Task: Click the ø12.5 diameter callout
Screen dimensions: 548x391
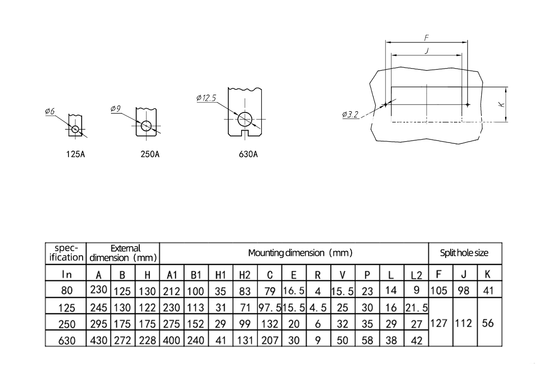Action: (x=206, y=98)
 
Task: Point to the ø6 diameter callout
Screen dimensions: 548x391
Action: (x=50, y=111)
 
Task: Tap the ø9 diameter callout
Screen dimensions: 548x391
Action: (x=116, y=109)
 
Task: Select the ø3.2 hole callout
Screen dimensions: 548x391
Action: (x=350, y=114)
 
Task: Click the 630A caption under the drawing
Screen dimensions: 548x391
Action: (x=248, y=154)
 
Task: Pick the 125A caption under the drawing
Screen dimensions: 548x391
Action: (x=76, y=154)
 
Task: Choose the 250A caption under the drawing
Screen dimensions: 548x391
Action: (x=150, y=154)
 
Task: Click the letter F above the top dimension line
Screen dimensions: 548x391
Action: (x=427, y=37)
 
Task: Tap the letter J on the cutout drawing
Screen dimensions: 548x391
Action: (x=427, y=51)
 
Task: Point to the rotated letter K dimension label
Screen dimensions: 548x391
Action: (x=501, y=105)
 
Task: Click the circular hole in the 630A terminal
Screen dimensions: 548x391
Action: (x=245, y=119)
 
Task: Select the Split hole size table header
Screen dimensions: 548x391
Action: (x=464, y=253)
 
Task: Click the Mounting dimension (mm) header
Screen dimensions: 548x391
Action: (x=300, y=253)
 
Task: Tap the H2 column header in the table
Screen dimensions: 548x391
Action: (x=245, y=275)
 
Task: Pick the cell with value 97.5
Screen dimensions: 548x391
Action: (x=269, y=307)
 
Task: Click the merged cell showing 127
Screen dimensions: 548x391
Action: (x=439, y=323)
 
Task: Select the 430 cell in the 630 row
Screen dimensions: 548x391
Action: (x=99, y=340)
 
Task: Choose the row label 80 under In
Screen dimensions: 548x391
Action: (x=67, y=291)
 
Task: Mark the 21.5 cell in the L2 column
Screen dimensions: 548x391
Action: (x=416, y=307)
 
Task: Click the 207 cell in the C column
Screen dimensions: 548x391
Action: (x=269, y=340)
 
